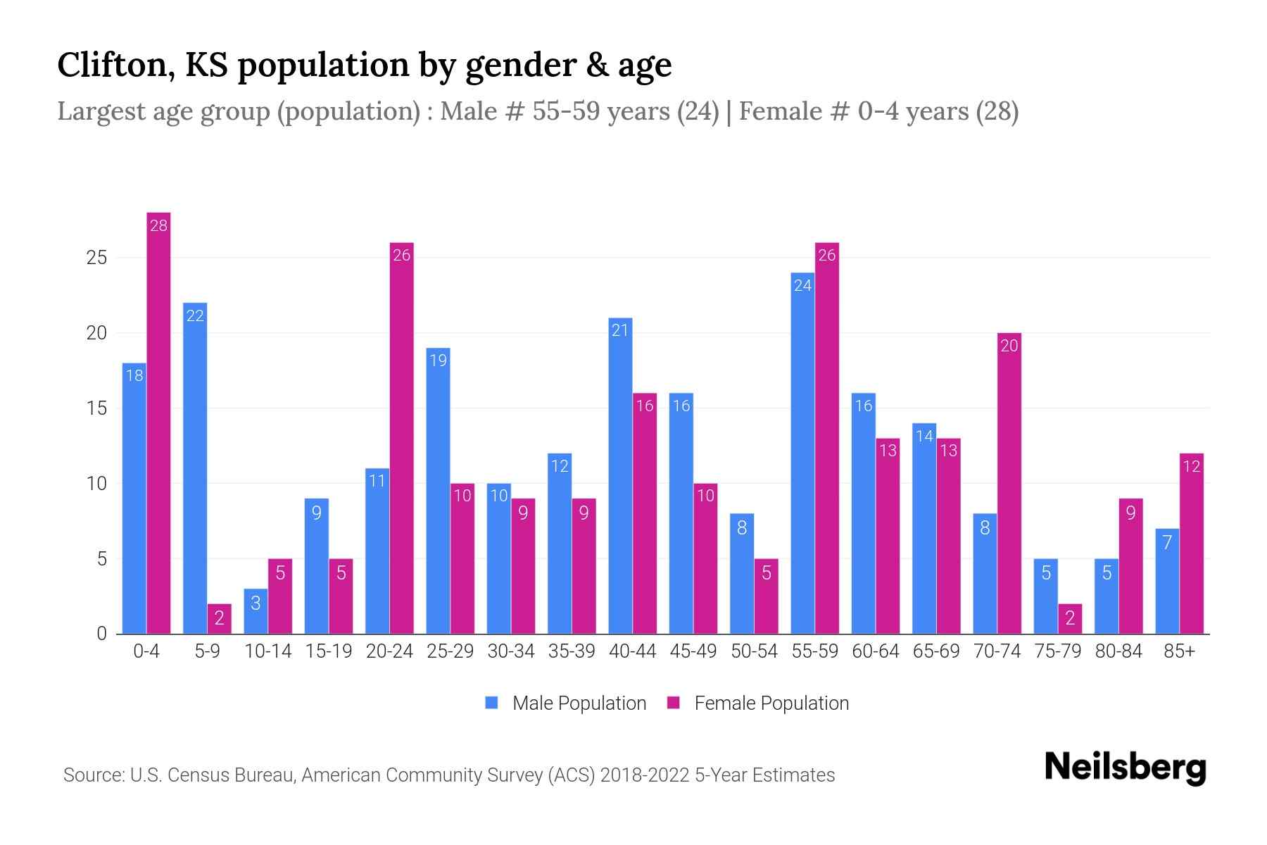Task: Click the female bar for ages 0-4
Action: [158, 423]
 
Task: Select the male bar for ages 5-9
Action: [195, 468]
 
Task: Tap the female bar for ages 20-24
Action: [401, 438]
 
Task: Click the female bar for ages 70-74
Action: [1009, 483]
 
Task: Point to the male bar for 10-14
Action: [256, 611]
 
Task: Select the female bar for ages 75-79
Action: [1069, 618]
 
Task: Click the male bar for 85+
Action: [1167, 581]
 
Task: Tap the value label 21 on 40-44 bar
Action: [620, 330]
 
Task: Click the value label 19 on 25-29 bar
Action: [438, 361]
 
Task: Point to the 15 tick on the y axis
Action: [96, 408]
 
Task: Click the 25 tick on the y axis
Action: [96, 258]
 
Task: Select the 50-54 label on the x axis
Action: [754, 651]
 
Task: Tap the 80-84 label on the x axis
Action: [1118, 651]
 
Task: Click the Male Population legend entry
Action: [566, 703]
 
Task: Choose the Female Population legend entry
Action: [758, 703]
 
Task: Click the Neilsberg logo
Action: [1125, 768]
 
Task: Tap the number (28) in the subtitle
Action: [997, 111]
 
